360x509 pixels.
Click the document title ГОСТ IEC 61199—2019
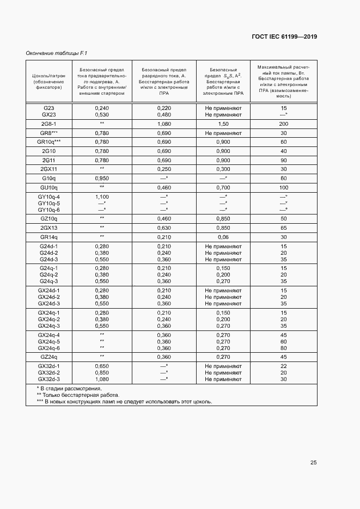point(284,37)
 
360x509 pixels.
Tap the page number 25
point(313,463)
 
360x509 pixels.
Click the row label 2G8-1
point(49,124)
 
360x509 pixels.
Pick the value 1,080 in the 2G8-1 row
point(164,124)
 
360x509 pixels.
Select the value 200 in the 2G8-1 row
point(283,124)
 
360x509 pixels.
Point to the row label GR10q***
point(49,142)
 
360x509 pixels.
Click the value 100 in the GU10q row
point(283,187)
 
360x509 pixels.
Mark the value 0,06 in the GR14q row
point(223,237)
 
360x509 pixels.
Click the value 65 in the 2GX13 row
point(283,228)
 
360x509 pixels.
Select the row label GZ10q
point(49,218)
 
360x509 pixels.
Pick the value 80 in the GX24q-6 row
point(283,348)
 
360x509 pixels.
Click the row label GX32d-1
point(49,366)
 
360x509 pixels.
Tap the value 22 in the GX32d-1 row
point(283,366)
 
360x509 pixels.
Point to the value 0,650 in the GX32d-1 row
point(102,366)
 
